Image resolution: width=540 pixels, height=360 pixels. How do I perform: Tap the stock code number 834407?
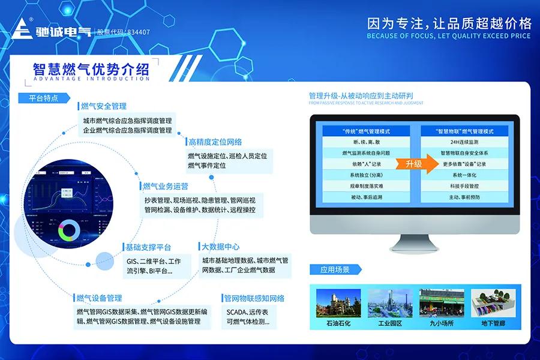tap(137, 32)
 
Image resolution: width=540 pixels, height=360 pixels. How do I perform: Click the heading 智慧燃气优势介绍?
tap(91, 68)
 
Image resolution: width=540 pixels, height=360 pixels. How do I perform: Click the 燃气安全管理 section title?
tap(103, 106)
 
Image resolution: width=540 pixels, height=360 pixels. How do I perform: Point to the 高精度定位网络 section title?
tap(215, 142)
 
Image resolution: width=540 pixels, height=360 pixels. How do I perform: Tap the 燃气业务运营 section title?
tap(165, 186)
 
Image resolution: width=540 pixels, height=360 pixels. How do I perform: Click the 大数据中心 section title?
tap(220, 247)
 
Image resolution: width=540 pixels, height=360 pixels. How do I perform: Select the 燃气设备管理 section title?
tap(99, 298)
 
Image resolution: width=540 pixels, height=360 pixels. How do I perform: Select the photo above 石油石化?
tap(338, 304)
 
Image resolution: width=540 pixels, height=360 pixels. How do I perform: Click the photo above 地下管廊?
tap(492, 304)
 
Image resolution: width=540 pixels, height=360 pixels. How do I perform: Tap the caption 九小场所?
tap(441, 323)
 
